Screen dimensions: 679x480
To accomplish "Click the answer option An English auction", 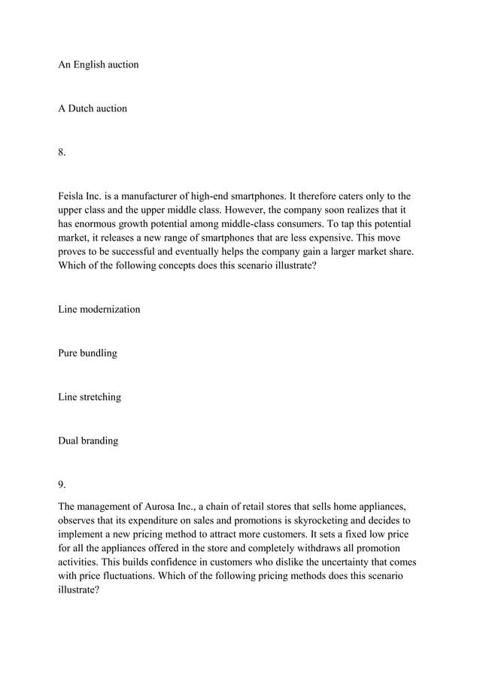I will (x=99, y=65).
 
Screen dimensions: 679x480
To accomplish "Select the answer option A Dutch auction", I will (x=93, y=108).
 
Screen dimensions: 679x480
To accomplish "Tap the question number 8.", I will (x=62, y=153).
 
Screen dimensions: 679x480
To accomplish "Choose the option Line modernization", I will (x=99, y=309).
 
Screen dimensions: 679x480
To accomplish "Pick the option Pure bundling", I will (x=87, y=353).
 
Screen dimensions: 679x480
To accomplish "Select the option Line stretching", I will (x=90, y=397).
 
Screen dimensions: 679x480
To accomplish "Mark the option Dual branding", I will (x=88, y=441).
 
